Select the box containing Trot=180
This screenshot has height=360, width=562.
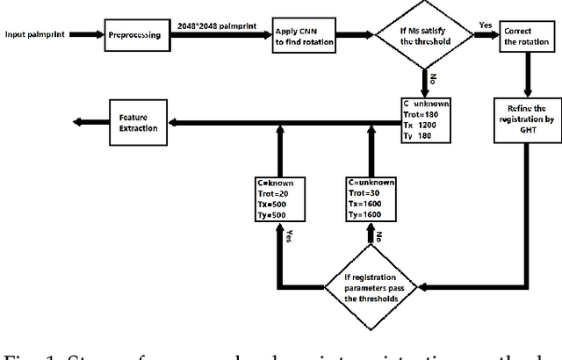coord(425,122)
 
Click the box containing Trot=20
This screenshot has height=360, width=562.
coord(277,198)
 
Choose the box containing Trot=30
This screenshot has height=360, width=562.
coord(371,198)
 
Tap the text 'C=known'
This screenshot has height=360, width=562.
coord(277,182)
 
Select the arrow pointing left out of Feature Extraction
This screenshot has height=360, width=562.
coord(88,122)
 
